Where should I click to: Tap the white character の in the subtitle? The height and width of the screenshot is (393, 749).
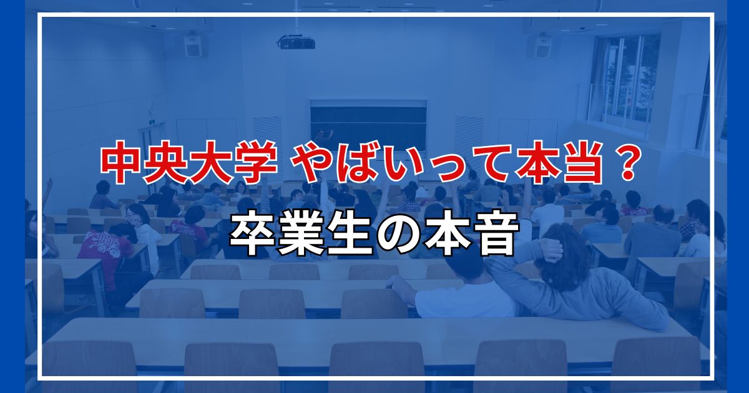[x=398, y=236]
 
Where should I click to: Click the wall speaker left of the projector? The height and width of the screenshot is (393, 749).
[x=193, y=46]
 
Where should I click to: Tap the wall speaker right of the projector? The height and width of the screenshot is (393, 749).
[x=541, y=46]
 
